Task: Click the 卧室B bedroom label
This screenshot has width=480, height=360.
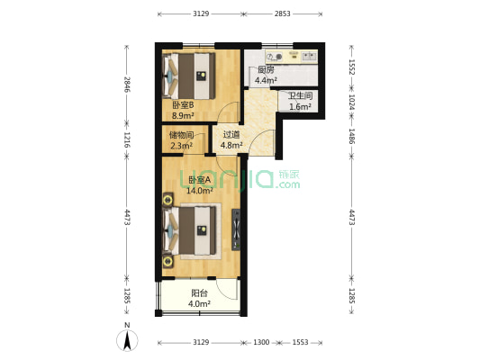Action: [183, 105]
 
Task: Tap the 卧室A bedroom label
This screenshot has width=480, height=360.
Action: [200, 180]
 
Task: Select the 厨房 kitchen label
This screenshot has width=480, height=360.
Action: [266, 69]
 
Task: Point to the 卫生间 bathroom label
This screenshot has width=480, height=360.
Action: [300, 96]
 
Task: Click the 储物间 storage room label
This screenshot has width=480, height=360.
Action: [181, 135]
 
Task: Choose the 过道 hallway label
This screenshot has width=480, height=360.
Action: [231, 134]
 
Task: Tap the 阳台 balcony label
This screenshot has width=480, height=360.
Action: [199, 293]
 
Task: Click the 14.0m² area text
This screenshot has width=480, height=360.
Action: [200, 191]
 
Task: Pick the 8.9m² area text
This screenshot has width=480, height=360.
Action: [183, 115]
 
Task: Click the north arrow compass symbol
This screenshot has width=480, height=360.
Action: [127, 339]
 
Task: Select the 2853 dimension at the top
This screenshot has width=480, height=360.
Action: [282, 13]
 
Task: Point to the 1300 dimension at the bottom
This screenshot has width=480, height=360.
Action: [261, 342]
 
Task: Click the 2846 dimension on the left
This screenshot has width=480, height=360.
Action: [127, 85]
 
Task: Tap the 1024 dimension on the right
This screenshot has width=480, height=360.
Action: [352, 102]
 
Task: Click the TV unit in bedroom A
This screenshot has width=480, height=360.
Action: [236, 229]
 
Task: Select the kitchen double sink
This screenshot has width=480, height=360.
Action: [309, 57]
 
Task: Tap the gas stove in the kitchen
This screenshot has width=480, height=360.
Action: [274, 57]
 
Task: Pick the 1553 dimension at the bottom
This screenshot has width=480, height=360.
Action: [300, 342]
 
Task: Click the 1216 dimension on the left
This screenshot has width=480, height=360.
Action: [127, 139]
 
